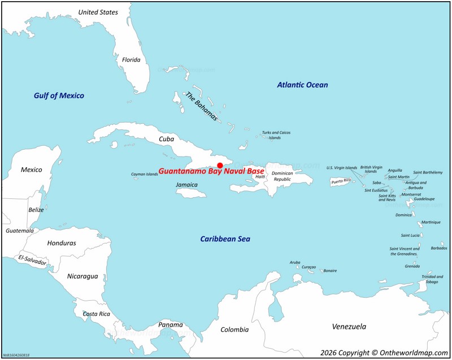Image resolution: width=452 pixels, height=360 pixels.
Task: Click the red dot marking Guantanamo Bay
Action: (x=220, y=165)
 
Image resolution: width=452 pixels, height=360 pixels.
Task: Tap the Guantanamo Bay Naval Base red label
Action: (x=211, y=171)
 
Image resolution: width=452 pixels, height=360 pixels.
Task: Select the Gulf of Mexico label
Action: (x=59, y=96)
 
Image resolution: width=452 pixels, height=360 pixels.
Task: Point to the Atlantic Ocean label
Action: (x=302, y=85)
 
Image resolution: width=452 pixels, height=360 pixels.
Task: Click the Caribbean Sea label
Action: (x=225, y=239)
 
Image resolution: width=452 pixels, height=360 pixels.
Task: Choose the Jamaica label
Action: (x=187, y=185)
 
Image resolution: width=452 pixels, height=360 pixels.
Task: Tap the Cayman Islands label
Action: (x=145, y=174)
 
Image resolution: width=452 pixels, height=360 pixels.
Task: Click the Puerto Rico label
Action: (x=341, y=181)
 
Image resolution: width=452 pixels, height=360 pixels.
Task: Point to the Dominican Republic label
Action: (x=282, y=176)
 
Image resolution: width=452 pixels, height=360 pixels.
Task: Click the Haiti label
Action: (x=260, y=177)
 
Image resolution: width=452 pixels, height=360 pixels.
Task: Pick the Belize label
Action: (x=36, y=210)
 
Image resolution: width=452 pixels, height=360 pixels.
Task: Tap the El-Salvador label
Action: (x=32, y=261)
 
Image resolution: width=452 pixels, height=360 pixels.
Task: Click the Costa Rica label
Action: (x=96, y=314)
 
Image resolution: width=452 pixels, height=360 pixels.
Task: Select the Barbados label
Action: (x=438, y=248)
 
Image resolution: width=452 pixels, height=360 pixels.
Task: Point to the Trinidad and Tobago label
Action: (x=432, y=279)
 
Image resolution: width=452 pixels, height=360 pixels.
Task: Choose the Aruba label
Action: (x=295, y=262)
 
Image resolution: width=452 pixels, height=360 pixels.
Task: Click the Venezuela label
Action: (x=349, y=327)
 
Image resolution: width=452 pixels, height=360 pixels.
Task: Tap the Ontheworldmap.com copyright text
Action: (x=385, y=352)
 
